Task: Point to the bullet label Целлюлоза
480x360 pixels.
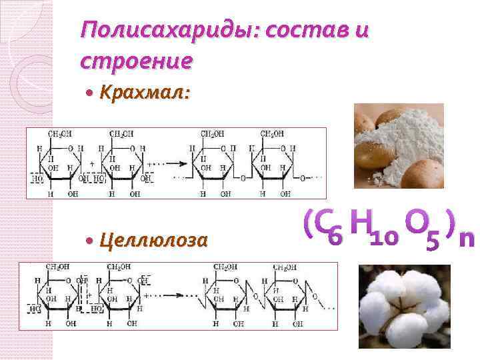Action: [x=153, y=241]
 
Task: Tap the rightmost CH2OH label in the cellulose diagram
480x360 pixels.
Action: [x=285, y=267]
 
